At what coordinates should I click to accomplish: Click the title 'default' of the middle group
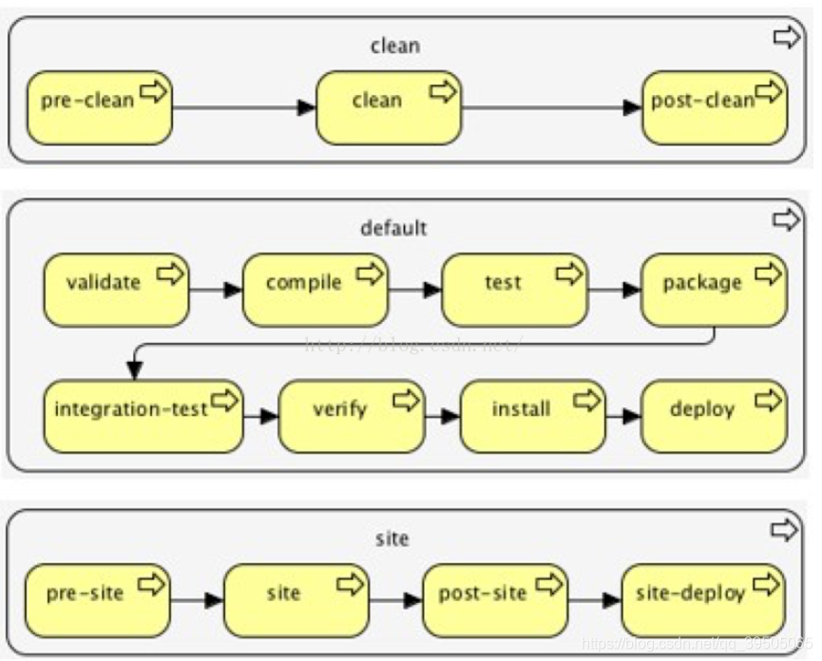click(393, 228)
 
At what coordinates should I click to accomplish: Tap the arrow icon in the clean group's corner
click(787, 38)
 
